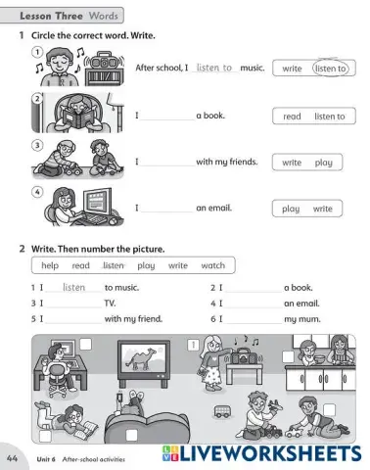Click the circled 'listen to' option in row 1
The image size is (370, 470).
pyautogui.click(x=330, y=69)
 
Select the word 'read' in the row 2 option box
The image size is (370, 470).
pyautogui.click(x=292, y=117)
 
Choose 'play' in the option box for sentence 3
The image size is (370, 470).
pyautogui.click(x=323, y=163)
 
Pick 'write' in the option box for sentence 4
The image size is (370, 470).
pyautogui.click(x=322, y=209)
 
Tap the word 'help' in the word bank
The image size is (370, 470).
pyautogui.click(x=50, y=265)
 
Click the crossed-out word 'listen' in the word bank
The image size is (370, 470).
pyautogui.click(x=114, y=265)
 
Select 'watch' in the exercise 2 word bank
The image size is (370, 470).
pyautogui.click(x=212, y=265)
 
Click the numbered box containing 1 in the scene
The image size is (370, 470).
pyautogui.click(x=192, y=344)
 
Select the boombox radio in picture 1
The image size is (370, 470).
pyautogui.click(x=103, y=71)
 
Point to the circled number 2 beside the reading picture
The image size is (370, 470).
pyautogui.click(x=36, y=99)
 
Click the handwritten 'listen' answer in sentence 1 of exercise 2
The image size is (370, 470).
pyautogui.click(x=74, y=287)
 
